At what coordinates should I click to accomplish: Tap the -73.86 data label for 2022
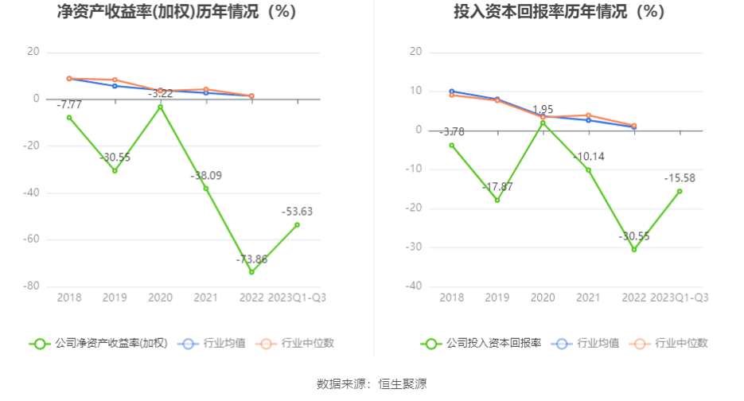tap(251, 259)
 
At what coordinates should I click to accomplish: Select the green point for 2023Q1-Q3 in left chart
tap(297, 224)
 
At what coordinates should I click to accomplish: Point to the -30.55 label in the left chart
tap(115, 158)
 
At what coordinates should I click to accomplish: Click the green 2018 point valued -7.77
tap(69, 118)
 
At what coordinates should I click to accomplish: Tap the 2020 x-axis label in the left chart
tap(160, 297)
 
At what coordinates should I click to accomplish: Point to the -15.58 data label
tap(680, 178)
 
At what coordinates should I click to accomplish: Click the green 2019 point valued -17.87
tap(497, 200)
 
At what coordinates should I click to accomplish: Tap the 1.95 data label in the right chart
tap(543, 110)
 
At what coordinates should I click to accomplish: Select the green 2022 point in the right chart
tap(634, 250)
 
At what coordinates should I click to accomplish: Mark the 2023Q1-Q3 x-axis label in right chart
tap(680, 297)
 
